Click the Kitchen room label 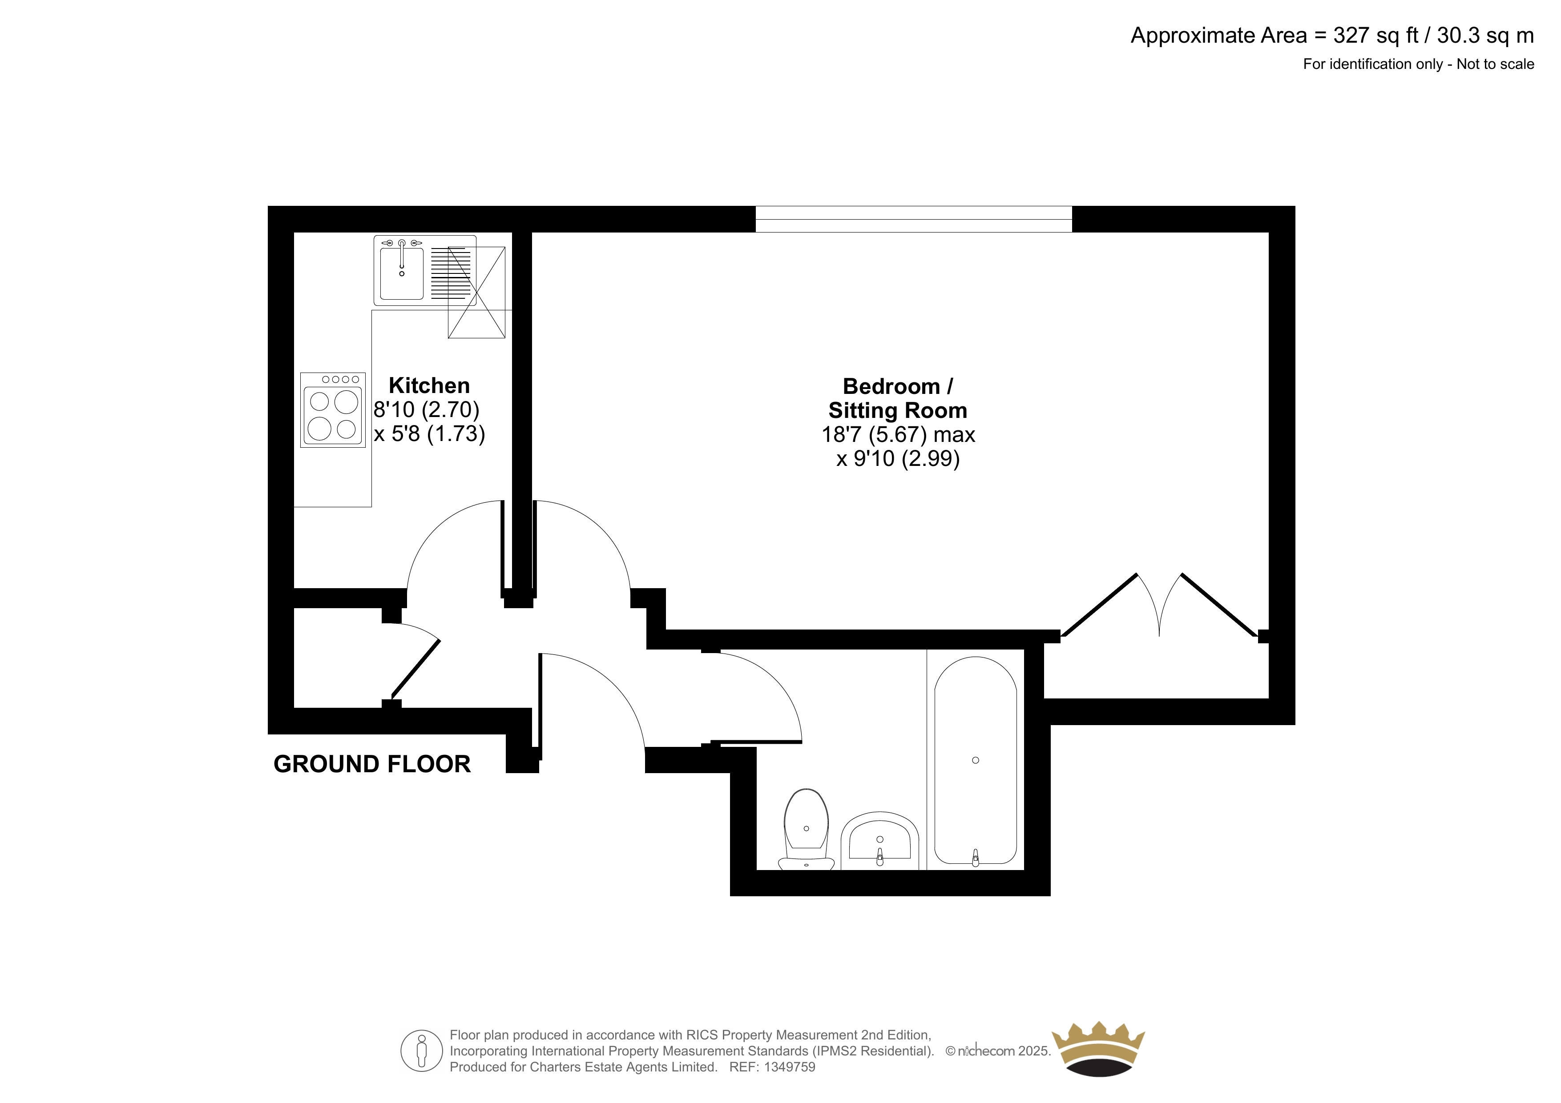pyautogui.click(x=429, y=385)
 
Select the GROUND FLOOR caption pyautogui.click(x=372, y=764)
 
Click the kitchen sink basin pyautogui.click(x=402, y=274)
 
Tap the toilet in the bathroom pyautogui.click(x=807, y=829)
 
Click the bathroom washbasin pyautogui.click(x=880, y=841)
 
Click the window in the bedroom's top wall pyautogui.click(x=914, y=219)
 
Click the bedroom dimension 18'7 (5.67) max pyautogui.click(x=898, y=434)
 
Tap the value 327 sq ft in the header pyautogui.click(x=1377, y=35)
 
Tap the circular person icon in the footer pyautogui.click(x=422, y=1051)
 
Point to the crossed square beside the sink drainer pyautogui.click(x=476, y=292)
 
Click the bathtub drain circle pyautogui.click(x=976, y=761)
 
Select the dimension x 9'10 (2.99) pyautogui.click(x=898, y=459)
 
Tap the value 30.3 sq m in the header pyautogui.click(x=1485, y=35)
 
